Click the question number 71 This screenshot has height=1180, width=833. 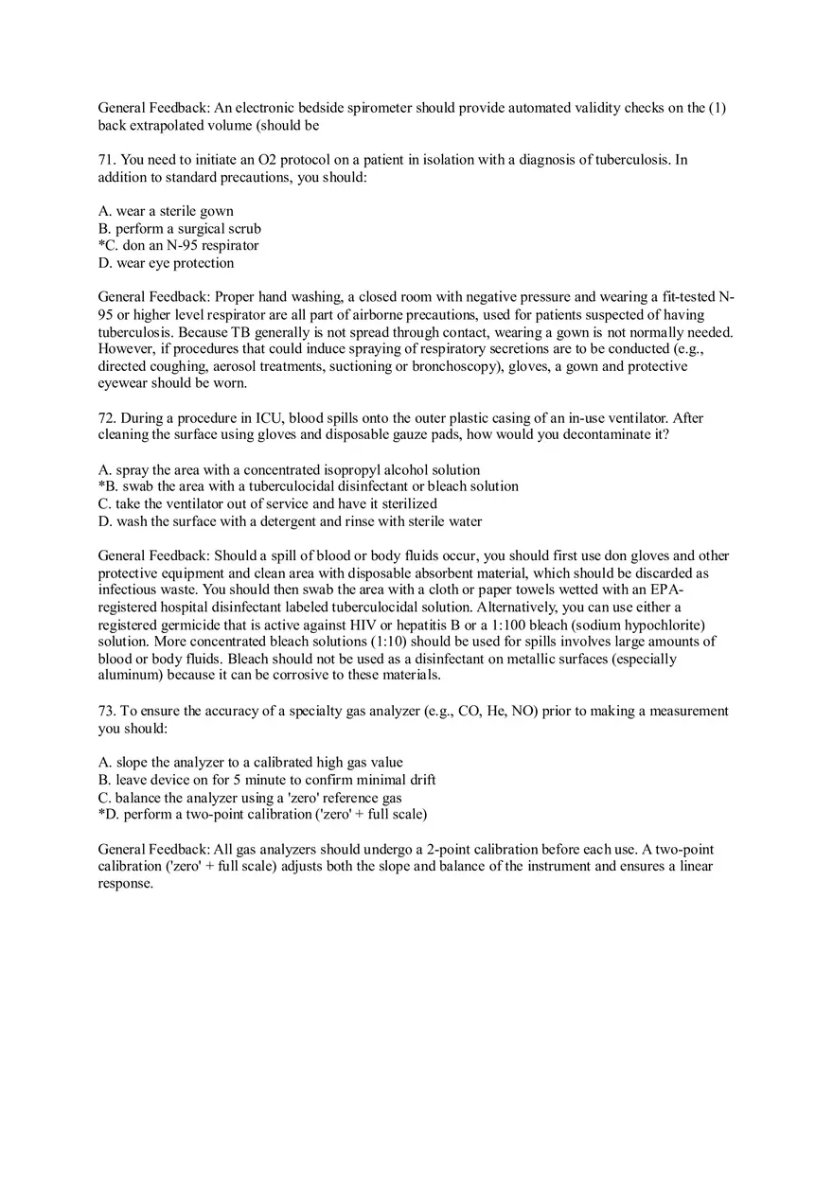point(106,160)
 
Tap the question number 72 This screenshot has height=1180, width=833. point(106,418)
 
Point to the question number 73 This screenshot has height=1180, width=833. point(106,712)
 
